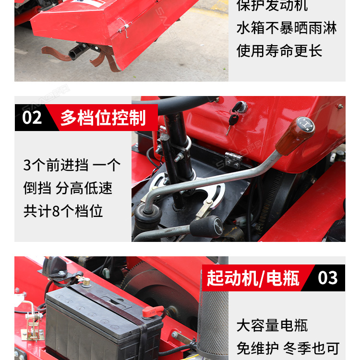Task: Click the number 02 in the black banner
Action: tap(32, 118)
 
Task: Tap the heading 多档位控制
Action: tap(103, 118)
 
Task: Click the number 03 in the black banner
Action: tap(328, 278)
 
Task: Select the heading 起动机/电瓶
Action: tap(253, 278)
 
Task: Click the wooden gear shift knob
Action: tap(295, 135)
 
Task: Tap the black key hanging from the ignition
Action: tap(233, 123)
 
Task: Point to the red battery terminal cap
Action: tap(152, 312)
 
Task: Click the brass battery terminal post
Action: tap(86, 282)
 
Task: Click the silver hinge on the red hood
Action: tap(233, 159)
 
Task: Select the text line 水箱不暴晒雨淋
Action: tap(287, 28)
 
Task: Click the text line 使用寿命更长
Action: tap(279, 50)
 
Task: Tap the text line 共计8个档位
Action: tap(63, 211)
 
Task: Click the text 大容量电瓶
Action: tap(272, 325)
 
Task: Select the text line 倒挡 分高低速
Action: tap(68, 188)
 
